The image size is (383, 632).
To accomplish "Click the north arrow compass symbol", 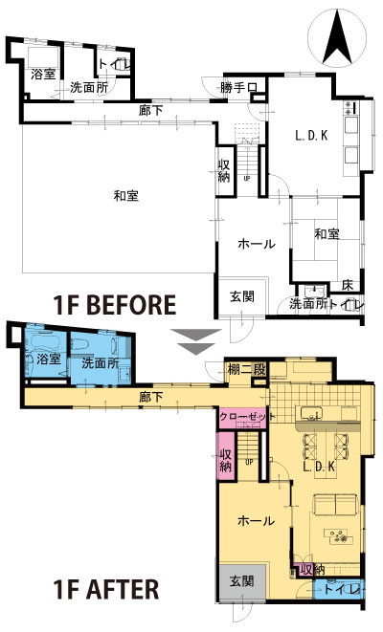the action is pos(337,38).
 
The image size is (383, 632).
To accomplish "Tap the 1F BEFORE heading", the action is pos(115,305).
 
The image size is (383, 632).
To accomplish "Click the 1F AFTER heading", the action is pos(106,589).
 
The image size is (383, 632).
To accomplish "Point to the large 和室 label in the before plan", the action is pos(126,196).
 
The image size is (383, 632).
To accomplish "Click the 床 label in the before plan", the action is pos(348,285).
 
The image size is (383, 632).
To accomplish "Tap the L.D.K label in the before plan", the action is pos(311,136).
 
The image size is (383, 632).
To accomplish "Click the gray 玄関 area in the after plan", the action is pos(242,583).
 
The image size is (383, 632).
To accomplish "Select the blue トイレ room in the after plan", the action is pos(339,589).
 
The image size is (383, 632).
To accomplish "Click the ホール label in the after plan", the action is pos(257,521).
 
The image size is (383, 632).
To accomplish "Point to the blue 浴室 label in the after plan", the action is pos(49,359).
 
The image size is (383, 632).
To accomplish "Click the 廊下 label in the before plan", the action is pos(150,111).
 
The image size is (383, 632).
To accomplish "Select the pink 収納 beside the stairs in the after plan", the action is pos(226,456).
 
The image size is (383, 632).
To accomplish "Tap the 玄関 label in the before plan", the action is pos(242,296).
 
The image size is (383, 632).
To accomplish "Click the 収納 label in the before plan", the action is pos(224,171).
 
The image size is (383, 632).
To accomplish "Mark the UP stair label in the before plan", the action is pos(247,178).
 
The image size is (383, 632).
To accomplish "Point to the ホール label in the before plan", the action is pos(257,244).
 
